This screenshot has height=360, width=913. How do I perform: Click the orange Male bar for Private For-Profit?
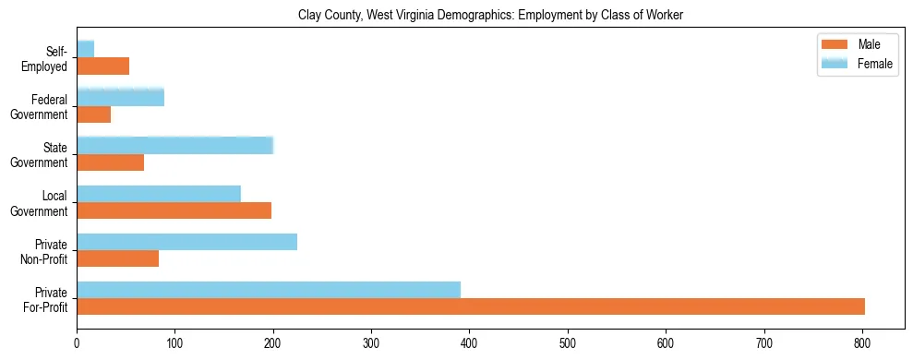coord(471,306)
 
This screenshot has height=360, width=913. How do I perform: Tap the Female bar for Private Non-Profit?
coord(187,242)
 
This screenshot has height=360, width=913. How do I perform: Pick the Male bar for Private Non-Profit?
coord(118,258)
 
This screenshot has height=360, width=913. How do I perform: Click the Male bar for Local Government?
coord(174,210)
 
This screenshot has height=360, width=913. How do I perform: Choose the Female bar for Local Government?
coord(159,194)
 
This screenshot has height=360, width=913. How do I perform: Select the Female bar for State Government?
coord(175,145)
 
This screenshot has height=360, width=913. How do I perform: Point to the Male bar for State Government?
coord(111,162)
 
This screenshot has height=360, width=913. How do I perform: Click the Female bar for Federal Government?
coord(121,97)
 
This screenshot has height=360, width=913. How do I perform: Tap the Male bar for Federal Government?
coord(94,114)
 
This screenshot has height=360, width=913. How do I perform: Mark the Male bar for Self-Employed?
coord(103,66)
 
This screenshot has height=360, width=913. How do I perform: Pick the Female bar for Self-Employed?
coord(86,49)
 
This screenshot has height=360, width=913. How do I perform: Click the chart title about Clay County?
coord(490,16)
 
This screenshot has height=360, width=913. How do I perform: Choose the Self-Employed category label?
coord(48,59)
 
